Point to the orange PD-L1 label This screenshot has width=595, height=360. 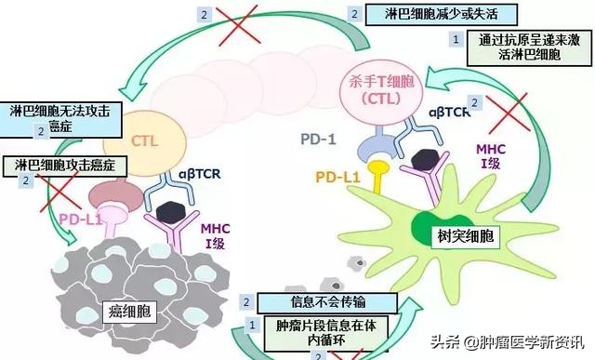[337, 176]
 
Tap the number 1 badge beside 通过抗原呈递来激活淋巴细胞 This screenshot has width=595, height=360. [456, 39]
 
